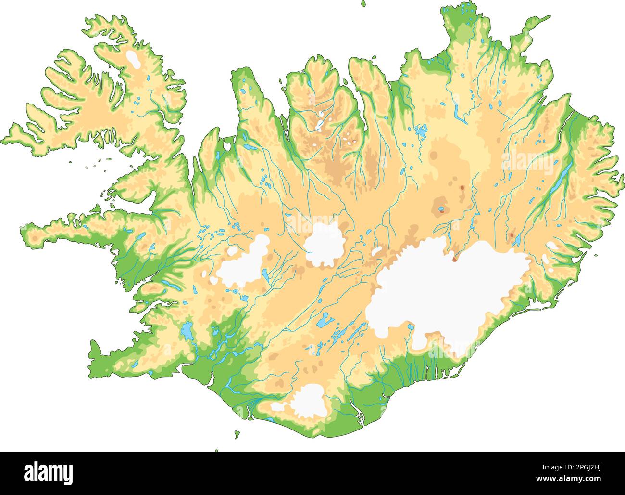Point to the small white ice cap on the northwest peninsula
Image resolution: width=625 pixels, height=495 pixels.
tap(133, 60)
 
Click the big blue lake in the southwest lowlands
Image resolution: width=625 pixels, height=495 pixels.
tap(187, 331)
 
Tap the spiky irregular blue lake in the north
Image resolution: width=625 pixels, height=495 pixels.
tap(421, 130)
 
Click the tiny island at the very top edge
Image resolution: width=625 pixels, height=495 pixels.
tap(363, 3)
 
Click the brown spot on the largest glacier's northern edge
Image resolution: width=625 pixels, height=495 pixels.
tap(454, 259)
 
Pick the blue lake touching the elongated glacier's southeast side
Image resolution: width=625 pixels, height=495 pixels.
tap(265, 275)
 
